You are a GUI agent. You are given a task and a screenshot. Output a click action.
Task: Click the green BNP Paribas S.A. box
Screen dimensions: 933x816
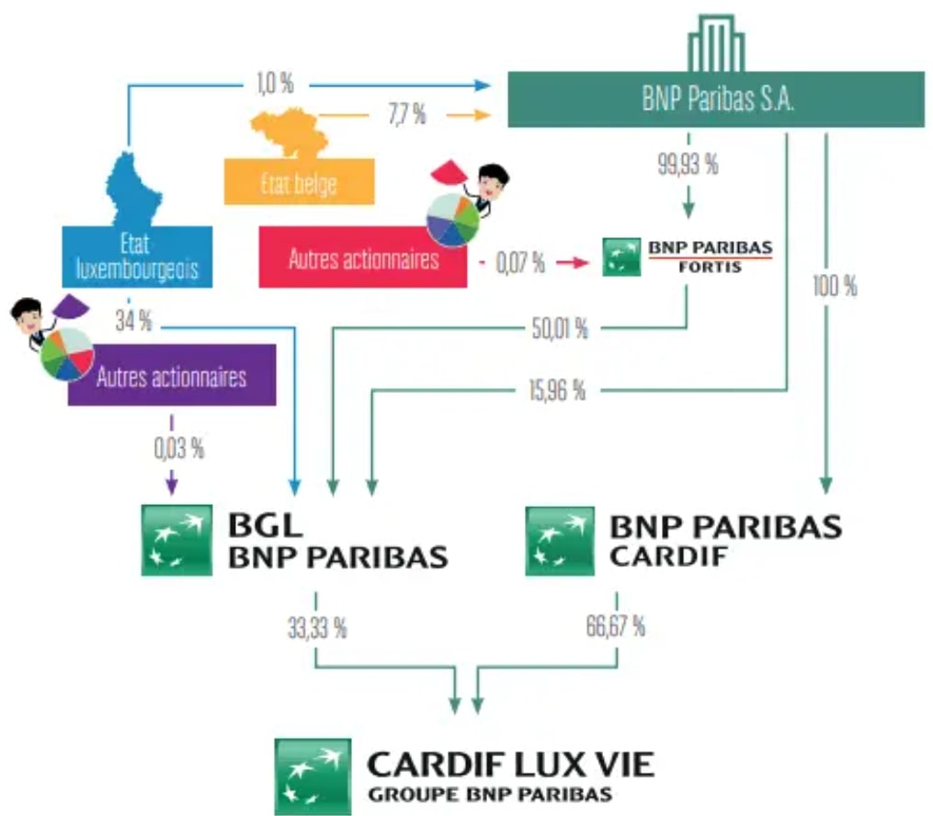716,99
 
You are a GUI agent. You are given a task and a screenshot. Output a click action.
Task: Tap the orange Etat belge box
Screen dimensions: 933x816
300,181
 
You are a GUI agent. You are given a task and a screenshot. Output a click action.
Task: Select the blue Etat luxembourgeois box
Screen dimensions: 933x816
138,257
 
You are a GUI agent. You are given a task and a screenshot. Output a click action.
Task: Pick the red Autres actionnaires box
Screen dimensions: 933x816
363,257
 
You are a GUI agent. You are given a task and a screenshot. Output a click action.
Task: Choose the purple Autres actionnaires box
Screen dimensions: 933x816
172,375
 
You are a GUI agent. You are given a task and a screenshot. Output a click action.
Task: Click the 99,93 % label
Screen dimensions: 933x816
688,164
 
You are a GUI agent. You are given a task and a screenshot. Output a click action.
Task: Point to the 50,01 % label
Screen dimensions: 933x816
560,328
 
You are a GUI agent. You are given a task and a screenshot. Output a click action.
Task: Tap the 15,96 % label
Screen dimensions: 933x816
557,391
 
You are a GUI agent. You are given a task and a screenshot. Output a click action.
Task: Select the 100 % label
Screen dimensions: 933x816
835,286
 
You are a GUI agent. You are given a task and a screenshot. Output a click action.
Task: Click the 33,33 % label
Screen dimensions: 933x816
317,627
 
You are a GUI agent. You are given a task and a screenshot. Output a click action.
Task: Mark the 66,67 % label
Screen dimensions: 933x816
615,626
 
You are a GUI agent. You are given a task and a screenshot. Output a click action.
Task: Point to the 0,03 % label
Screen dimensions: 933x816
179,449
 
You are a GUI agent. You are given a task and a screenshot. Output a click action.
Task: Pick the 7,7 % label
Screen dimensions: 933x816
407,114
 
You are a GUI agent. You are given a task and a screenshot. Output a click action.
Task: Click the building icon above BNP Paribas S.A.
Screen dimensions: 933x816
716,43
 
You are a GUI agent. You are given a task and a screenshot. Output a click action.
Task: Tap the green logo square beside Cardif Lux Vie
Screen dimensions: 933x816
313,776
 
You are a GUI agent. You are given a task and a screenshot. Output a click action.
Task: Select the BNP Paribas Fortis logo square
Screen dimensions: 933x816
621,257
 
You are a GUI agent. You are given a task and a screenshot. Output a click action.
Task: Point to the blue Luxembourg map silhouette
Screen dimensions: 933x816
133,190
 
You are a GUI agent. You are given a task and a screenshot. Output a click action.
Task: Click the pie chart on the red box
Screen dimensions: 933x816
453,219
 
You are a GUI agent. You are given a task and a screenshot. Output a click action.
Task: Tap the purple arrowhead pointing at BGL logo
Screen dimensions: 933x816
171,484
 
